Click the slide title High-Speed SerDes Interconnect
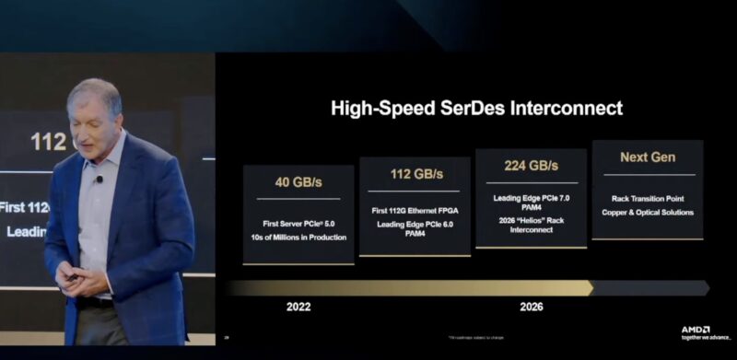(476, 109)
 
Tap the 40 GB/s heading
(298, 181)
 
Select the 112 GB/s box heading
(415, 174)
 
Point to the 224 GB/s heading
(530, 166)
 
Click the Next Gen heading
(647, 157)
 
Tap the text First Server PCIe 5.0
(298, 222)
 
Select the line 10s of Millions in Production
(298, 238)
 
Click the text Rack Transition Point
(647, 199)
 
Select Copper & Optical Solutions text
(647, 213)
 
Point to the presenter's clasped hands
(78, 275)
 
